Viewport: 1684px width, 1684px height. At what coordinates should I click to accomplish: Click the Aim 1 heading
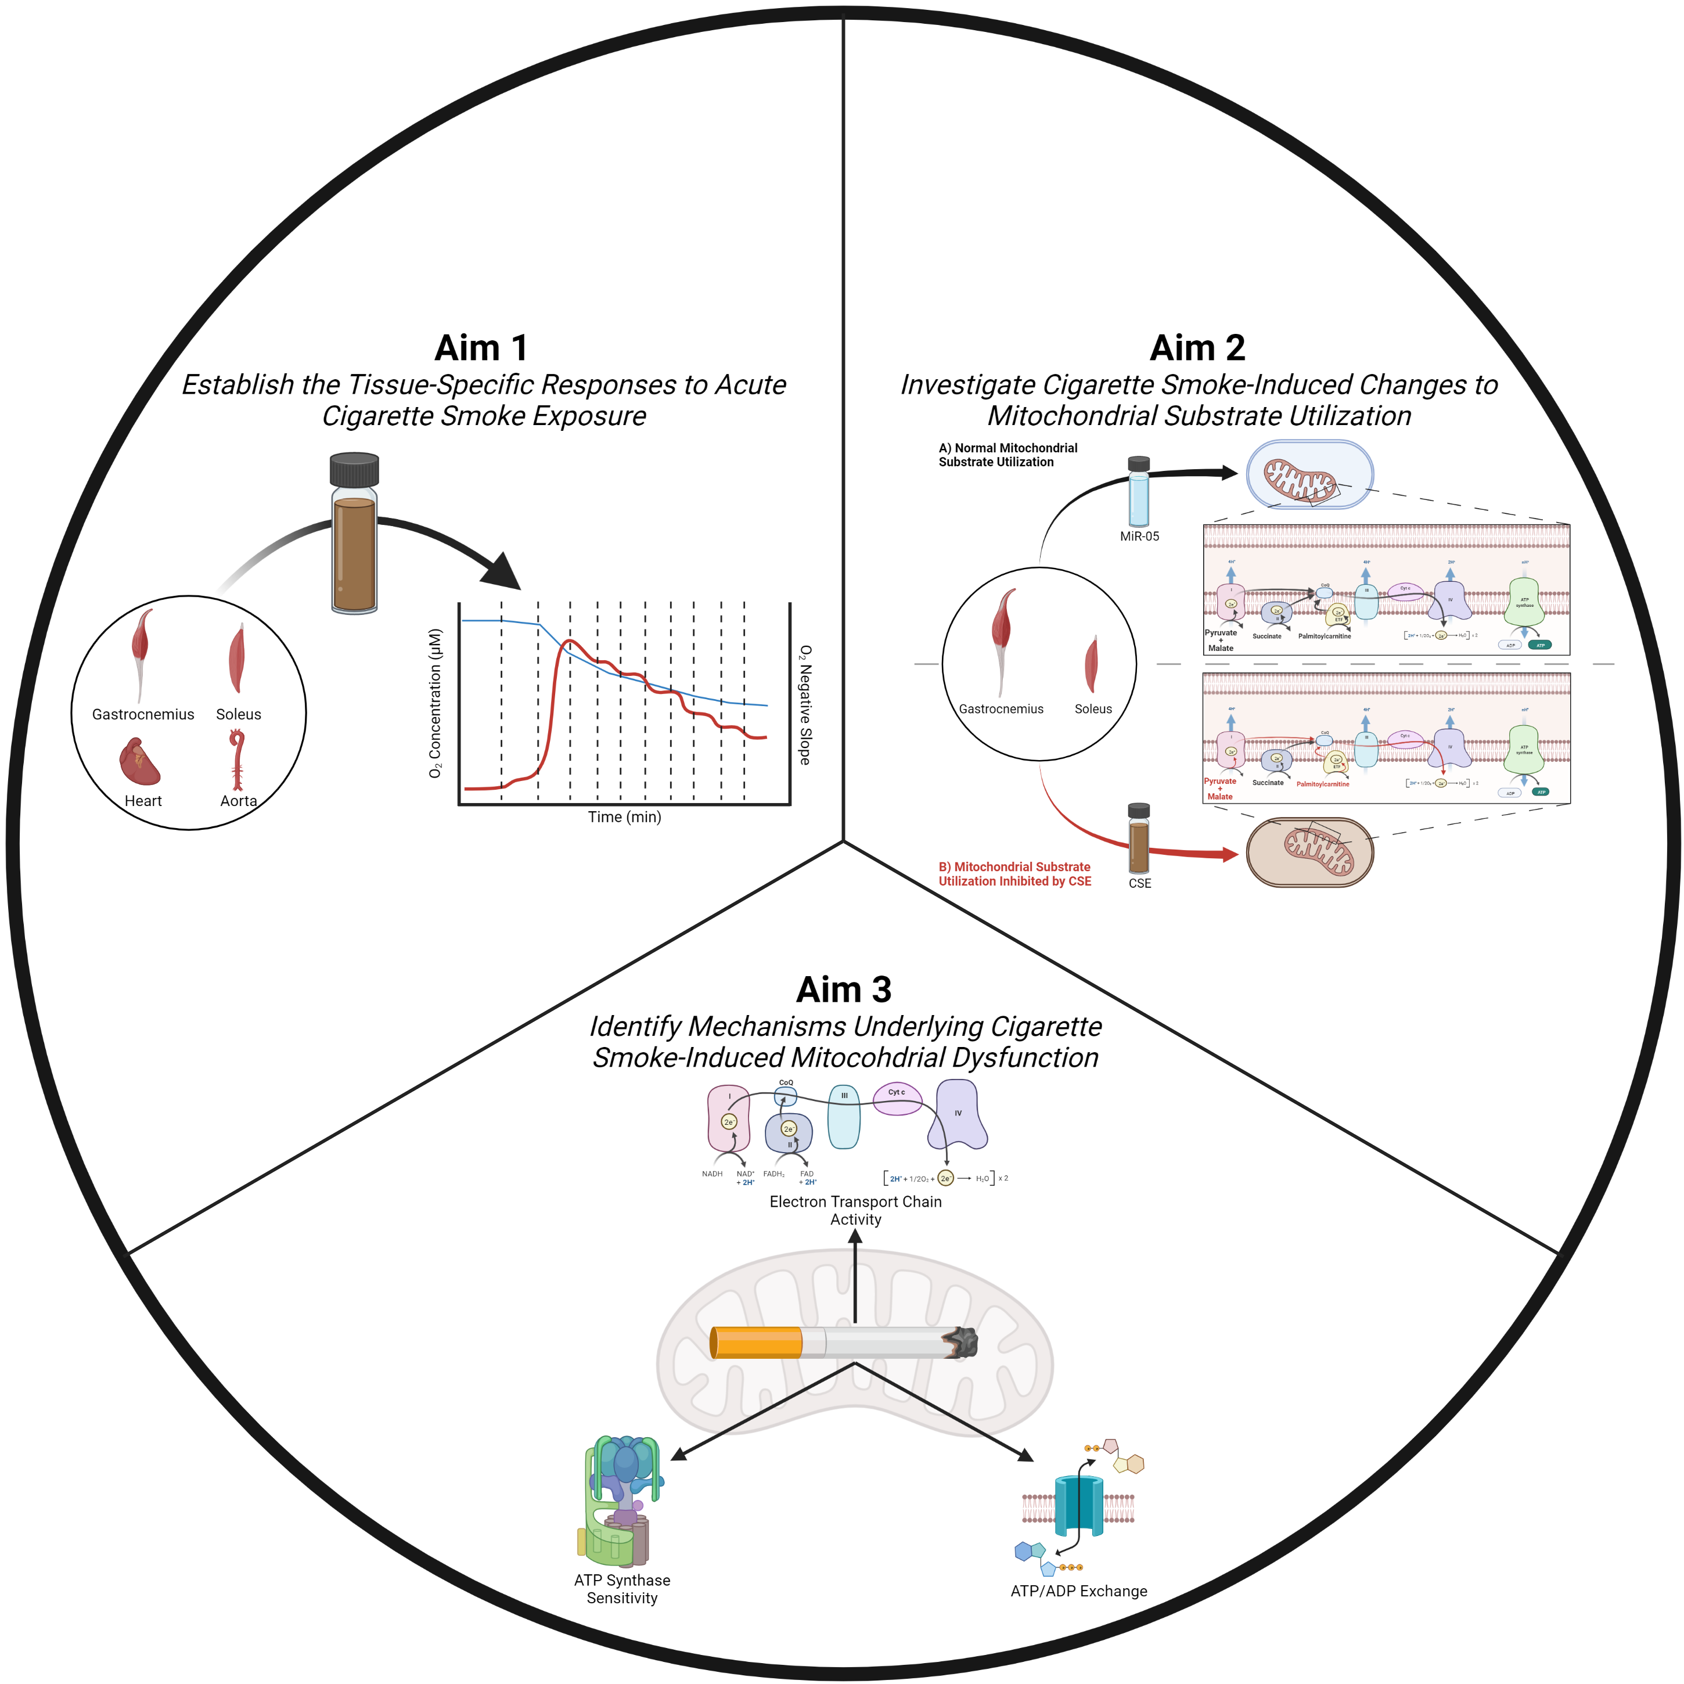481,348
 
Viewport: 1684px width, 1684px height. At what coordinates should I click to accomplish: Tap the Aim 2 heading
1197,348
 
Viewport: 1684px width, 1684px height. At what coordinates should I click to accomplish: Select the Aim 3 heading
844,990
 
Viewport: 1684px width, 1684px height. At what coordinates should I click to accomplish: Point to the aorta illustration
237,760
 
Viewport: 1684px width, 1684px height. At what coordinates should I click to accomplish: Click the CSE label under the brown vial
1139,884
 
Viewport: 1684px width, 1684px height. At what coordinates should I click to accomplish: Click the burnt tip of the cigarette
960,1343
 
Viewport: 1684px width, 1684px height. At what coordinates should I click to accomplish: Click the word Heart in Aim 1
143,801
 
